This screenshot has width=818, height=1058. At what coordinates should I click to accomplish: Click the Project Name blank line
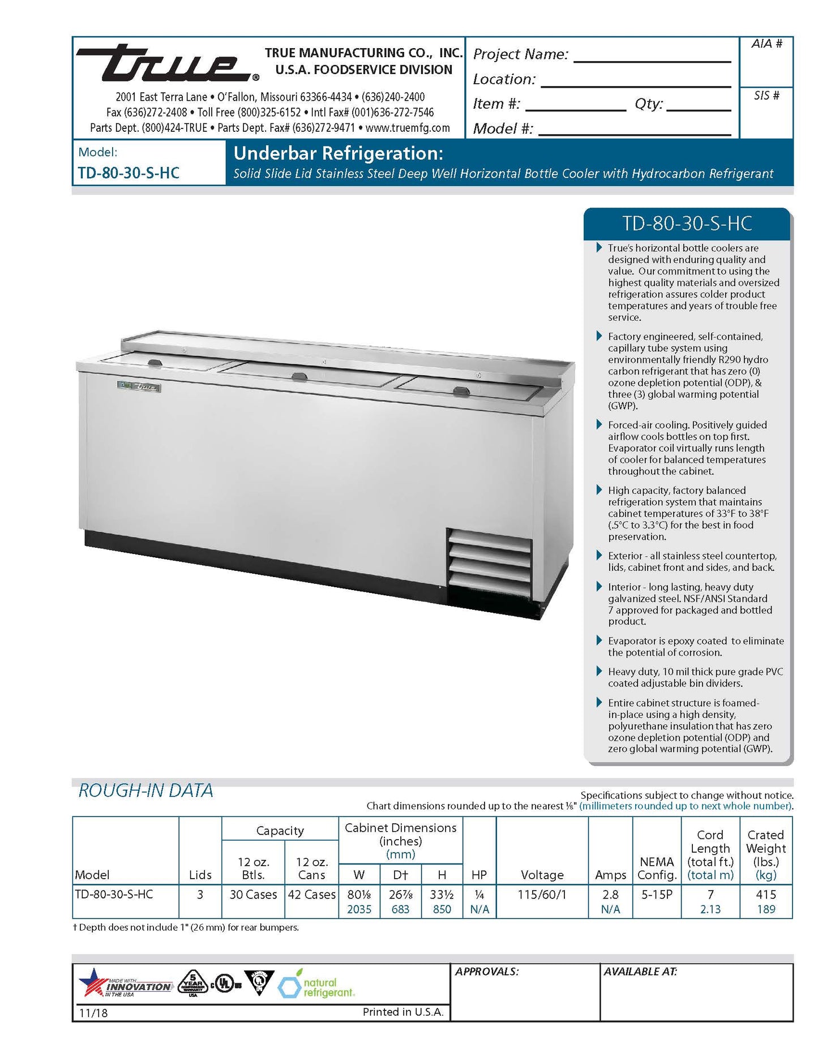point(652,59)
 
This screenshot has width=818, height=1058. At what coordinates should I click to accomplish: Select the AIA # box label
point(766,44)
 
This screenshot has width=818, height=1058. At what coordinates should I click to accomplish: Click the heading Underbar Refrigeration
point(338,153)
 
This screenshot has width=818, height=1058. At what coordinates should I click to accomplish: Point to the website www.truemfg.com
point(408,128)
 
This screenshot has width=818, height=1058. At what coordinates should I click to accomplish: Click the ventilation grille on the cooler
point(490,566)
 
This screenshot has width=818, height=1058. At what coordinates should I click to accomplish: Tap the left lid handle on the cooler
point(155,363)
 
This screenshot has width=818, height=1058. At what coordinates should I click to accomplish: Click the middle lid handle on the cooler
point(299,376)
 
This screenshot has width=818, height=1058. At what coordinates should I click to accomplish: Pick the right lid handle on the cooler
point(461,390)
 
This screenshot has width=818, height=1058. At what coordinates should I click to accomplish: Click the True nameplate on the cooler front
point(139,387)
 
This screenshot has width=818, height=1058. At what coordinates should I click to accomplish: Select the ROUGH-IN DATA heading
point(145,790)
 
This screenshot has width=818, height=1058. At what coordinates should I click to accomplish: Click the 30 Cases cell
point(253,894)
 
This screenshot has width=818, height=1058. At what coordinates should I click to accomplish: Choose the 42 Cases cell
point(311,894)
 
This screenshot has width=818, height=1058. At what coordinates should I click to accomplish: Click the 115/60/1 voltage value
point(542,894)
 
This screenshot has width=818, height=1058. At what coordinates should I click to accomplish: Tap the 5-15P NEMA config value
point(657,894)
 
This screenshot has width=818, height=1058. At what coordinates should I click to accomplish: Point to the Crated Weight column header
point(765,854)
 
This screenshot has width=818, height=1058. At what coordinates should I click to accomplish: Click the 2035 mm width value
point(359,909)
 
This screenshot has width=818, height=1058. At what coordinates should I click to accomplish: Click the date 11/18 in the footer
point(93,1013)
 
